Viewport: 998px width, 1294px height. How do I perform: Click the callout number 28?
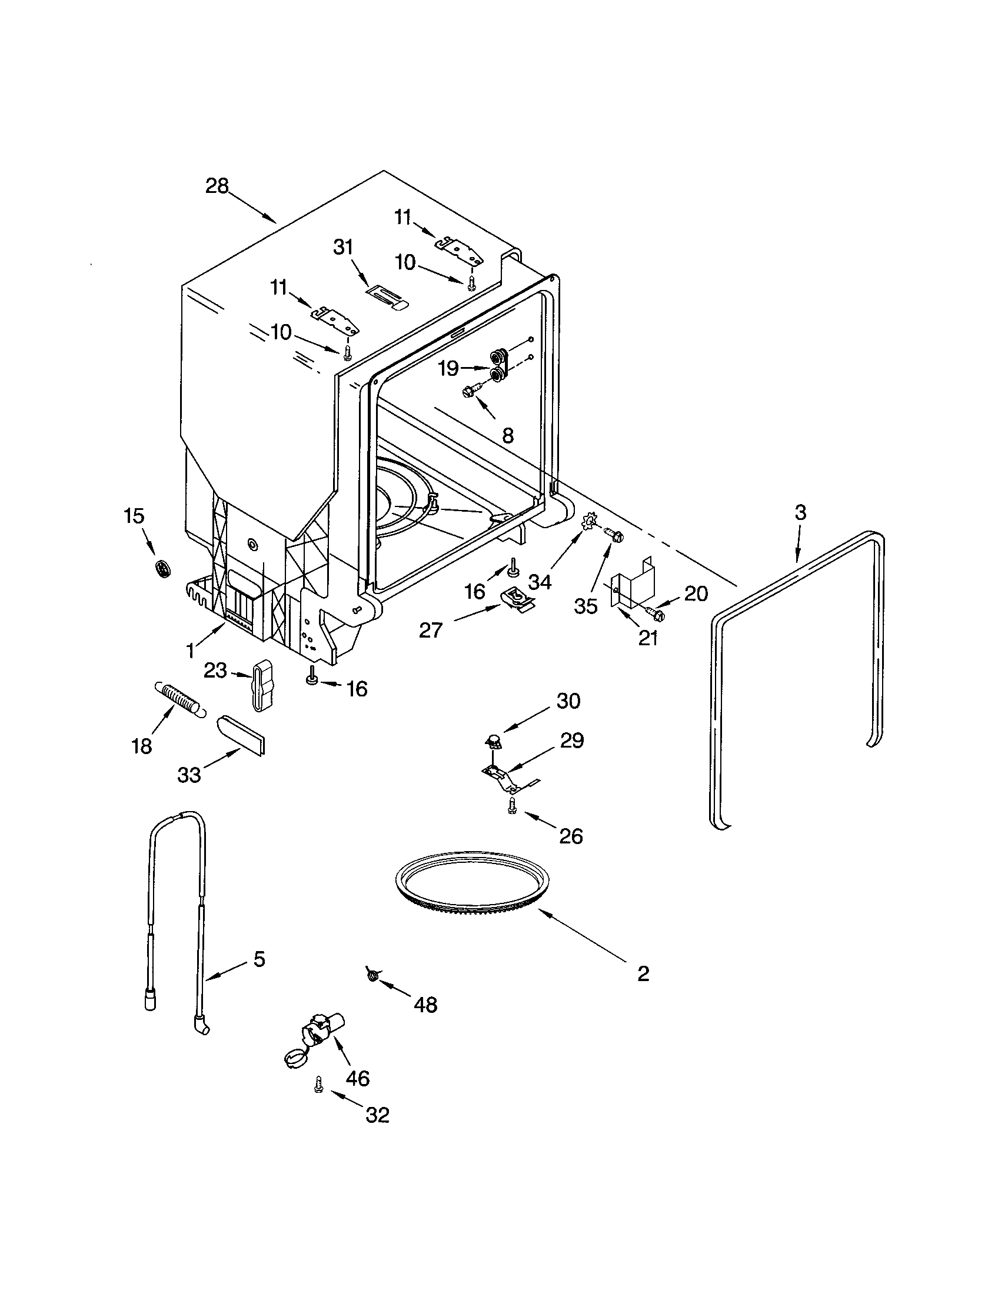217,186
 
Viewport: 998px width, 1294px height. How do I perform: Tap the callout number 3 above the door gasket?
800,512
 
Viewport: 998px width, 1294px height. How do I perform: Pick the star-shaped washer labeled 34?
590,523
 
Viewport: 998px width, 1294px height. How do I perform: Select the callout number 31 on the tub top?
343,247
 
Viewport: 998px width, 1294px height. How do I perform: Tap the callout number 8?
507,435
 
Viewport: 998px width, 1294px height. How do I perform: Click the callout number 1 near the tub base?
191,651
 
